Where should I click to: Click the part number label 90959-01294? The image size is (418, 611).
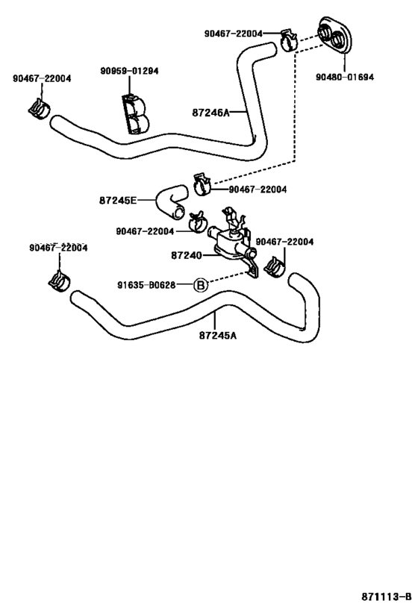tap(129, 71)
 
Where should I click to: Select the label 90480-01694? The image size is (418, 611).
tap(345, 77)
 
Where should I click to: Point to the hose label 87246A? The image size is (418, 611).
tap(210, 113)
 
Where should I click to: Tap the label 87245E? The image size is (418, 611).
tap(118, 201)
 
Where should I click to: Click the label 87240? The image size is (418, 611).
tap(187, 256)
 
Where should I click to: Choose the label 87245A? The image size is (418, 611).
tap(217, 335)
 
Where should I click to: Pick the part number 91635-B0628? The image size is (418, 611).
tap(146, 286)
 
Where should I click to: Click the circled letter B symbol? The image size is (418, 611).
tap(201, 285)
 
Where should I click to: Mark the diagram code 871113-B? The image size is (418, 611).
tap(386, 597)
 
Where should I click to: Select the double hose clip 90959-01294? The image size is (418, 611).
tap(135, 113)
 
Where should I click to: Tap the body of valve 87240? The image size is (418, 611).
tap(231, 242)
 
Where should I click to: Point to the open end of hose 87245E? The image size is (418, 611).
tap(179, 213)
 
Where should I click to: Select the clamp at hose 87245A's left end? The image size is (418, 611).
tap(59, 281)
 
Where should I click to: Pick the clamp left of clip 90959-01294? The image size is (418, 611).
tap(39, 109)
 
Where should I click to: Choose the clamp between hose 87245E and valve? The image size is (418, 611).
tap(197, 222)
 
